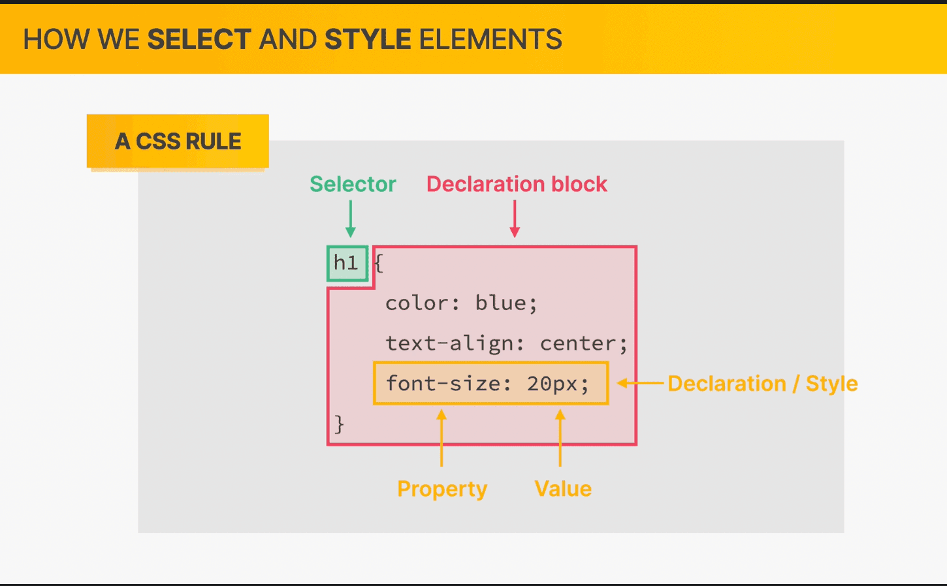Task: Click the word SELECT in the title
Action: pyautogui.click(x=199, y=39)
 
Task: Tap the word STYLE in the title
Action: pyautogui.click(x=368, y=39)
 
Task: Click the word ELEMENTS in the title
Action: pyautogui.click(x=490, y=39)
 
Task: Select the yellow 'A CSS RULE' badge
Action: pyautogui.click(x=178, y=141)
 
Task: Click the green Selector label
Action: pyautogui.click(x=353, y=184)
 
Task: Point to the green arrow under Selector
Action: pyautogui.click(x=351, y=219)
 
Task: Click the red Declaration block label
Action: pyautogui.click(x=517, y=184)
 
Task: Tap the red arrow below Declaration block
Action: pyautogui.click(x=515, y=219)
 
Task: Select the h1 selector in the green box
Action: pyautogui.click(x=346, y=263)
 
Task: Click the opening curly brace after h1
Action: pyautogui.click(x=379, y=264)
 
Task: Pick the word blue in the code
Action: pyautogui.click(x=500, y=303)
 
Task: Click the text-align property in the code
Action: pyautogui.click(x=449, y=343)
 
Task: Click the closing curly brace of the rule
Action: pyautogui.click(x=339, y=424)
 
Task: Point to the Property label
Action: pyautogui.click(x=442, y=489)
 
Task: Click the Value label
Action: pyautogui.click(x=563, y=489)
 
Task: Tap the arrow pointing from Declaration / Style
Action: pyautogui.click(x=640, y=383)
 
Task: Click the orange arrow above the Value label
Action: pyautogui.click(x=560, y=438)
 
